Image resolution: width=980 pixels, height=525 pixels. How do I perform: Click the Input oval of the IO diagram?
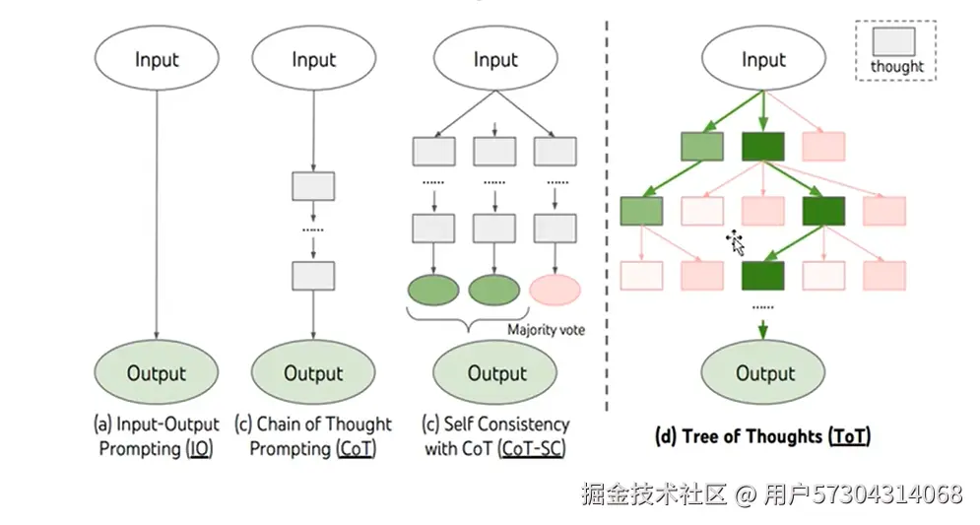pyautogui.click(x=157, y=58)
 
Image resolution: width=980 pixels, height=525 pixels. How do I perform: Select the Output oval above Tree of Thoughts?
pyautogui.click(x=763, y=372)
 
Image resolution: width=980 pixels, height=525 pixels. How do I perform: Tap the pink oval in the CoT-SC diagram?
pyautogui.click(x=555, y=290)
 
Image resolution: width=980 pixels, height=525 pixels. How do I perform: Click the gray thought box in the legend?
pyautogui.click(x=893, y=42)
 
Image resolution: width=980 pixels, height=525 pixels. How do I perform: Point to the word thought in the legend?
pyautogui.click(x=897, y=66)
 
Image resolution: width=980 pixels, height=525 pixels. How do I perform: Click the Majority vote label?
pyautogui.click(x=547, y=329)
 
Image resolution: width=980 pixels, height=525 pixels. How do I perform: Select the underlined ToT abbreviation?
pyautogui.click(x=849, y=435)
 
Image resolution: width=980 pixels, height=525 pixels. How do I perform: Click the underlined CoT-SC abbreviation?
pyautogui.click(x=533, y=448)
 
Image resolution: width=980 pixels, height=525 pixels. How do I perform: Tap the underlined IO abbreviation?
pyautogui.click(x=200, y=448)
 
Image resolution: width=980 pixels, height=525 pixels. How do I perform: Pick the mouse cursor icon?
pyautogui.click(x=736, y=242)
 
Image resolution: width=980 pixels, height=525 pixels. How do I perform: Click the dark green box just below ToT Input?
pyautogui.click(x=763, y=146)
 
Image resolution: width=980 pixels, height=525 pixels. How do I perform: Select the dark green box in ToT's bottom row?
pyautogui.click(x=763, y=275)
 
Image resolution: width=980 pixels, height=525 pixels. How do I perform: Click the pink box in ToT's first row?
pyautogui.click(x=823, y=146)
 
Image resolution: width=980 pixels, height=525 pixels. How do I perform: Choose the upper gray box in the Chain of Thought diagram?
pyautogui.click(x=313, y=186)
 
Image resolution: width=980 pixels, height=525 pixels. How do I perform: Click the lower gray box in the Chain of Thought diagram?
pyautogui.click(x=313, y=276)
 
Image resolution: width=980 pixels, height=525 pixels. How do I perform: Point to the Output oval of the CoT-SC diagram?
pyautogui.click(x=495, y=372)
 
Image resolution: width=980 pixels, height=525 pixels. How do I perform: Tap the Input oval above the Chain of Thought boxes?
pyautogui.click(x=314, y=58)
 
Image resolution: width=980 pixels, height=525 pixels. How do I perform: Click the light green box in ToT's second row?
pyautogui.click(x=641, y=211)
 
